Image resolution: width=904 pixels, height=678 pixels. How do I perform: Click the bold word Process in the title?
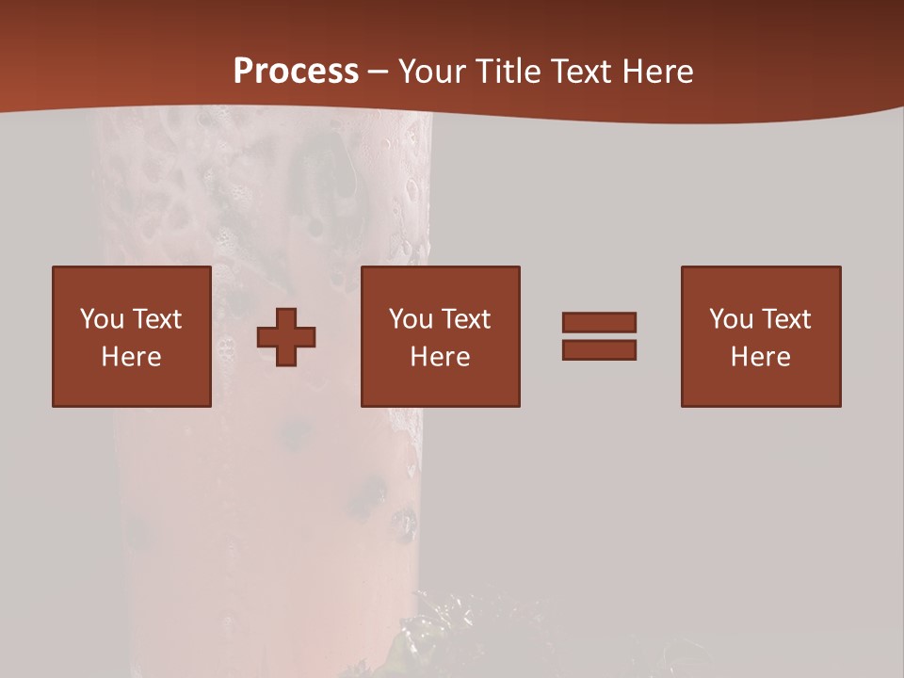[x=296, y=72]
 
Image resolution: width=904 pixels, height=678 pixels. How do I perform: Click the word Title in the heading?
[x=508, y=72]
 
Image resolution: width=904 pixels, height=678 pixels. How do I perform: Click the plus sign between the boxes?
[x=286, y=337]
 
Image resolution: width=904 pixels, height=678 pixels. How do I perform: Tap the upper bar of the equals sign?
[x=599, y=323]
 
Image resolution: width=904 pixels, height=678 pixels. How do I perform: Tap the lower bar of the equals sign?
[x=599, y=349]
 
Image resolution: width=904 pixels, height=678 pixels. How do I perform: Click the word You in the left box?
[x=102, y=319]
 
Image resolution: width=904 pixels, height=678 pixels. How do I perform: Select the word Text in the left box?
[x=156, y=319]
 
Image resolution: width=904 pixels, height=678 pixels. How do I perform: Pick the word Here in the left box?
[x=131, y=357]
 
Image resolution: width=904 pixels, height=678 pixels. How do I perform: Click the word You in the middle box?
[x=411, y=319]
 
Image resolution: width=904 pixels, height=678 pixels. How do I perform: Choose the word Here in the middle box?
[x=440, y=357]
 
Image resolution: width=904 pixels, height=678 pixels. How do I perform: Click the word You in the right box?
[x=731, y=319]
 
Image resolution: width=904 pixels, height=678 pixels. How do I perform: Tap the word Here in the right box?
[x=760, y=357]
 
